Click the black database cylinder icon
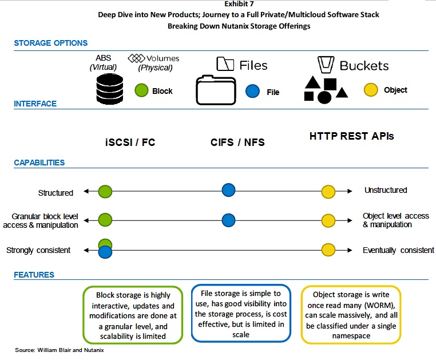tap(109, 89)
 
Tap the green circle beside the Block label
tap(141, 90)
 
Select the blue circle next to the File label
tap(252, 91)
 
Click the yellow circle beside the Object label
tap(371, 90)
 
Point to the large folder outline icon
tap(216, 90)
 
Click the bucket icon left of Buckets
tap(326, 65)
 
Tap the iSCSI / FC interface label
tap(130, 143)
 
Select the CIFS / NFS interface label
tap(237, 143)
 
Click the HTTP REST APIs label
tap(351, 136)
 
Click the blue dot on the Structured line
tap(228, 190)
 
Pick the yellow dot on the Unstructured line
tap(328, 192)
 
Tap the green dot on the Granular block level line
tap(105, 220)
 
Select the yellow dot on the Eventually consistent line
tap(328, 250)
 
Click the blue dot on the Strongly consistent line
tap(105, 252)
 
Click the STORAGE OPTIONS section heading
tap(50, 43)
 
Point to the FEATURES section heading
tap(34, 275)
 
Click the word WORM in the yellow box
tap(378, 305)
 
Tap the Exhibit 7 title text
tap(239, 4)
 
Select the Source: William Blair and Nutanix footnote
tap(60, 350)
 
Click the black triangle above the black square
tap(312, 82)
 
